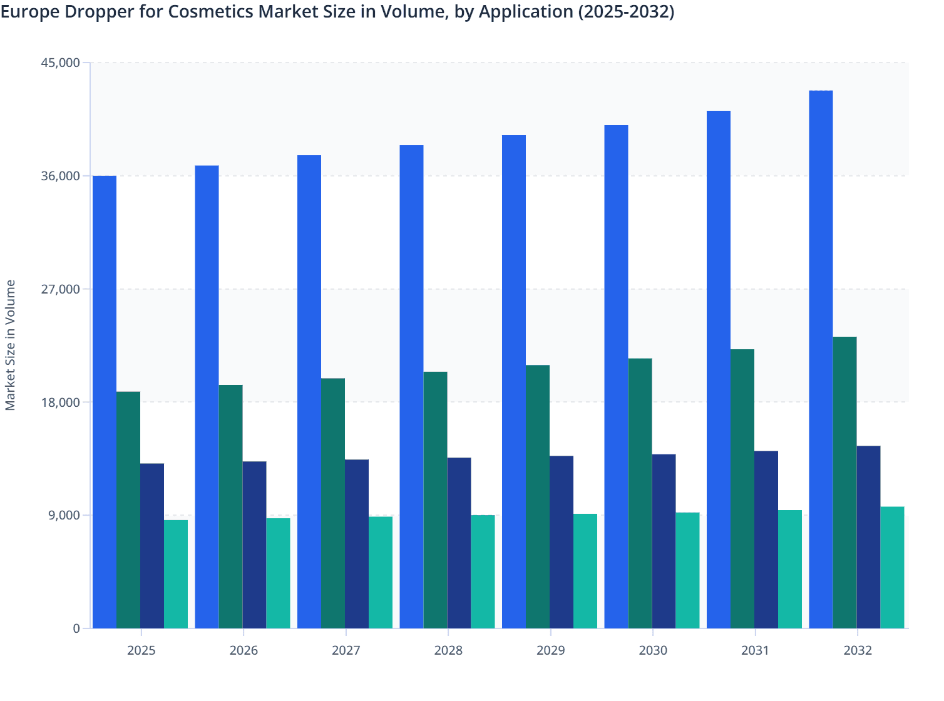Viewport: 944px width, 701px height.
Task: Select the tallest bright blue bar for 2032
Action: click(x=821, y=359)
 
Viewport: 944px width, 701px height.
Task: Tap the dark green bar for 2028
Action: click(x=435, y=500)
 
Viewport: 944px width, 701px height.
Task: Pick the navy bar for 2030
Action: click(x=664, y=541)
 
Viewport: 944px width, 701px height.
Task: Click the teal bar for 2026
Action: click(x=278, y=573)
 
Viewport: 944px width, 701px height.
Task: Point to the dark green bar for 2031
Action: click(x=742, y=489)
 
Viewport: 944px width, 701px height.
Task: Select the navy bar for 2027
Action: click(x=357, y=544)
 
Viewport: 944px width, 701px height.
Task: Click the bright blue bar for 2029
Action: click(x=514, y=382)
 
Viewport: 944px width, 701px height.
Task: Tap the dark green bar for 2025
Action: click(x=128, y=510)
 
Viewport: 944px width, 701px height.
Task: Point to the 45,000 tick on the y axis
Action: click(x=60, y=63)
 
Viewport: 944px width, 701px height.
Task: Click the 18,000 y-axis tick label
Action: click(x=60, y=402)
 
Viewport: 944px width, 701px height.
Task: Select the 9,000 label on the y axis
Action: click(x=64, y=515)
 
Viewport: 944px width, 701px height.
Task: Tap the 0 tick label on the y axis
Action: click(x=76, y=628)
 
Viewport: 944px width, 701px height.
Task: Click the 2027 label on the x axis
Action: click(x=346, y=650)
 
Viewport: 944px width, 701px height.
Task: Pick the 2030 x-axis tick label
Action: click(x=653, y=650)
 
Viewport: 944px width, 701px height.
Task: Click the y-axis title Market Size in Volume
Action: click(x=11, y=345)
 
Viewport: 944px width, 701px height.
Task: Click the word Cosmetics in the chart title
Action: click(x=210, y=12)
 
